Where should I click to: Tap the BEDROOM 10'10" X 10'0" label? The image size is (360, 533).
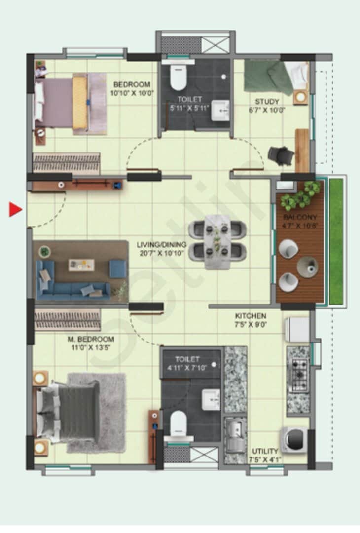[132, 88]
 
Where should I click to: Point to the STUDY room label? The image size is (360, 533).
[267, 106]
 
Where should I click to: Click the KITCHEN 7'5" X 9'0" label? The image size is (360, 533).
[251, 320]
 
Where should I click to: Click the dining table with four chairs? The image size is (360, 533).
[217, 242]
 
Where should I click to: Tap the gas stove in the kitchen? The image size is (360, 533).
[298, 375]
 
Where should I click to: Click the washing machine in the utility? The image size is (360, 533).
[294, 438]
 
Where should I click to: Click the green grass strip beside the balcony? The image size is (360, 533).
[336, 242]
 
